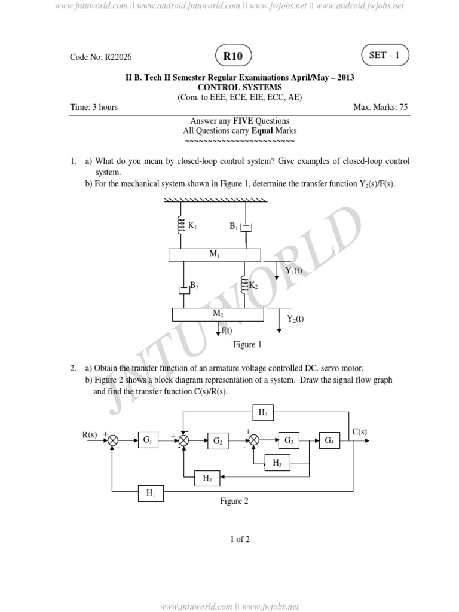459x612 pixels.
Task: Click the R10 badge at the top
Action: pos(234,56)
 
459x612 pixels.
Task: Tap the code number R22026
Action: pos(101,57)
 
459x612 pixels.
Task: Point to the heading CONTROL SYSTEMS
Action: pos(239,87)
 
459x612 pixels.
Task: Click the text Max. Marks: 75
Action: pos(381,108)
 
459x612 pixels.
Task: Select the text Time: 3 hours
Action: pos(94,108)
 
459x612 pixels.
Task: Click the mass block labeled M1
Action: pos(215,255)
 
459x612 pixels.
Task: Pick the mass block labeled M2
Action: pos(218,314)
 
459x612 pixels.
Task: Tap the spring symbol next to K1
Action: pos(179,225)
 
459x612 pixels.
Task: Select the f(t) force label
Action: pos(227,331)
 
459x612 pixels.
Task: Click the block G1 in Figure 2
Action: pos(147,441)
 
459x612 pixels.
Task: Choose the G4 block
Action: pos(329,441)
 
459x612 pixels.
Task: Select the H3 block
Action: pos(277,463)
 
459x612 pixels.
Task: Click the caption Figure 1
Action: pos(247,345)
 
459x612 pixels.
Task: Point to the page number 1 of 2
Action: pos(240,539)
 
